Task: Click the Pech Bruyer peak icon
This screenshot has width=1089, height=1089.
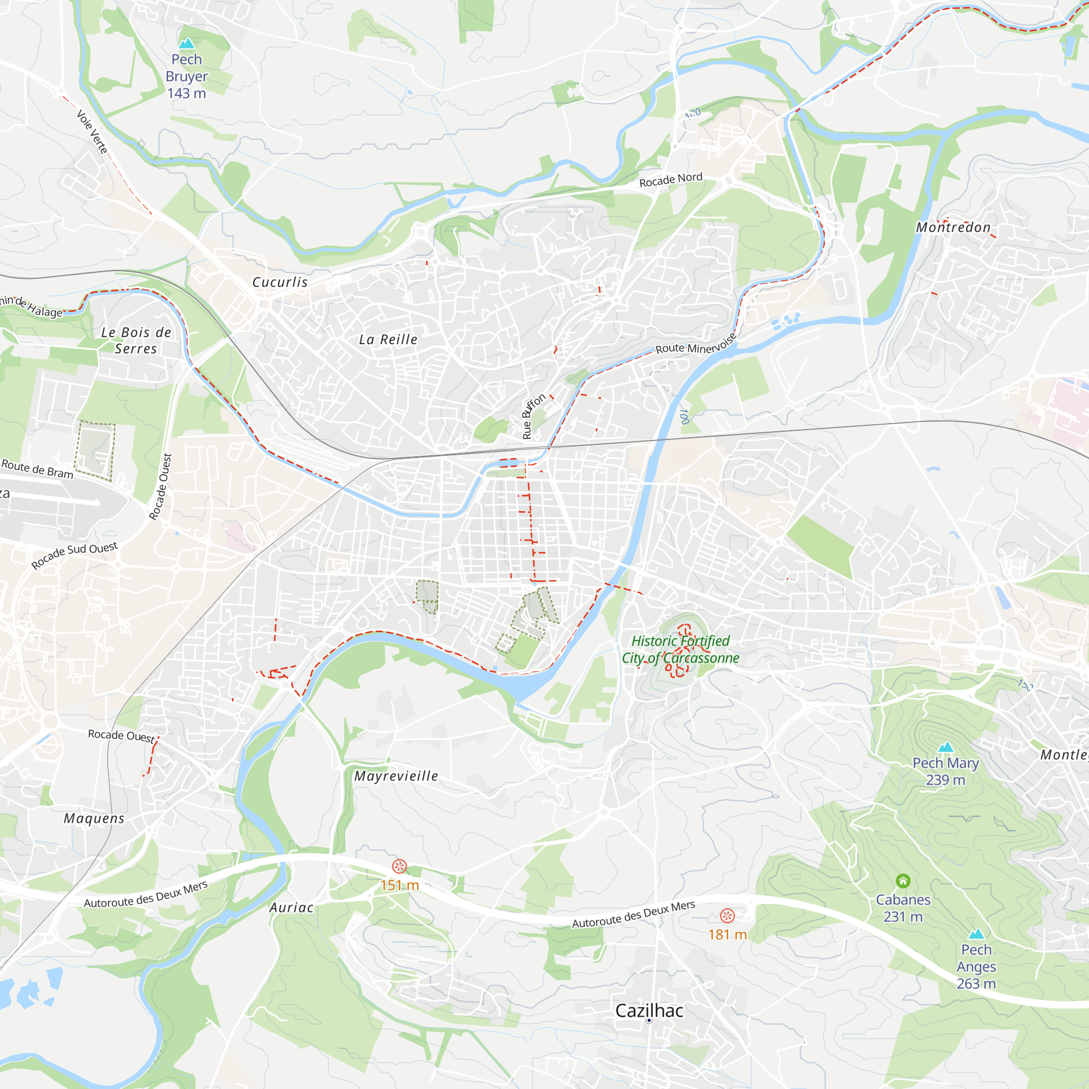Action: point(186,44)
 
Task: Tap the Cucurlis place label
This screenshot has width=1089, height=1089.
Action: point(279,283)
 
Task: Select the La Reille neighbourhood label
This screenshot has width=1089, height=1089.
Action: point(388,339)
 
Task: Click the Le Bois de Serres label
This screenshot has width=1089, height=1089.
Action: point(136,340)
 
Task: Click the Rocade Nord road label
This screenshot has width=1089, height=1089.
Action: point(671,180)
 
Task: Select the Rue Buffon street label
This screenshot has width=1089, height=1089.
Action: point(533,417)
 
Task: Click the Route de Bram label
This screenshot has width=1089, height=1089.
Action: point(37,469)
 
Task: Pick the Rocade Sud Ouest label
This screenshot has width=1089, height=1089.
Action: point(75,555)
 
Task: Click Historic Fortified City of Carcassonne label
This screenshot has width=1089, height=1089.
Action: point(680,650)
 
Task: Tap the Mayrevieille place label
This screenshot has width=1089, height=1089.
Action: point(396,776)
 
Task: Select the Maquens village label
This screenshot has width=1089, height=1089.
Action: point(94,818)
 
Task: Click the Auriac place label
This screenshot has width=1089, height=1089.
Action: point(291,908)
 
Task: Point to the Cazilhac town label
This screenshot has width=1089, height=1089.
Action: point(649,1011)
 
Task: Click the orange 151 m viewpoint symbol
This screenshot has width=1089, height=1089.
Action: point(399,866)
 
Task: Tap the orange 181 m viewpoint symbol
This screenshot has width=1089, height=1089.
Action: point(727,915)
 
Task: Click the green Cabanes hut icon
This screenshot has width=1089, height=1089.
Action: point(902,880)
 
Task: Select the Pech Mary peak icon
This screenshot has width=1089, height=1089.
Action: point(945,748)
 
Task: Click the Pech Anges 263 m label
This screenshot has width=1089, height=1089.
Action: point(976,966)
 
